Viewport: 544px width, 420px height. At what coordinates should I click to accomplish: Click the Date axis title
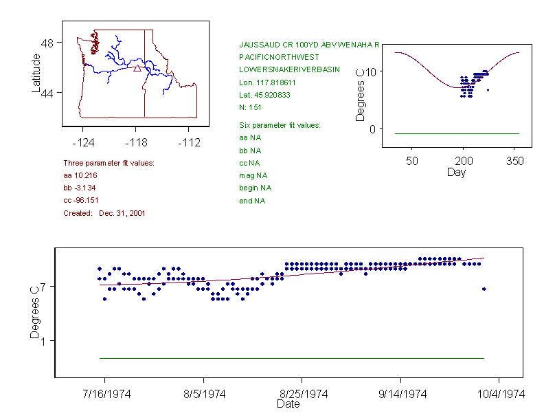pyautogui.click(x=288, y=404)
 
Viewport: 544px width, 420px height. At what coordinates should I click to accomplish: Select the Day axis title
pyautogui.click(x=456, y=172)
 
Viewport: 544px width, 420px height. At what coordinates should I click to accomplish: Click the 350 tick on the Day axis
pyautogui.click(x=514, y=160)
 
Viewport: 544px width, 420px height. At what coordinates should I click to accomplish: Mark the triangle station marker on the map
pyautogui.click(x=137, y=68)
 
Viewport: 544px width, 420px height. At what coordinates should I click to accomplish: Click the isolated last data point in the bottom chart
pyautogui.click(x=484, y=289)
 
